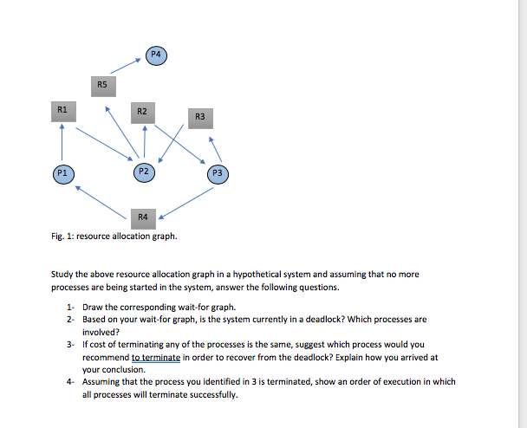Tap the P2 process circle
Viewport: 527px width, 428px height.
145,172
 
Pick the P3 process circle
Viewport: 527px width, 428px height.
218,173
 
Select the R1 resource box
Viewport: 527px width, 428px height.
61,111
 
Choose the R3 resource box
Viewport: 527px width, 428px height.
199,117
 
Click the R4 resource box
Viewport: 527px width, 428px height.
143,216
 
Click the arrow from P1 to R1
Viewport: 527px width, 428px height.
61,141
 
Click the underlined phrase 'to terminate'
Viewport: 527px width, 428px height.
156,357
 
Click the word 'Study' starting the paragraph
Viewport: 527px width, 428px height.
62,274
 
